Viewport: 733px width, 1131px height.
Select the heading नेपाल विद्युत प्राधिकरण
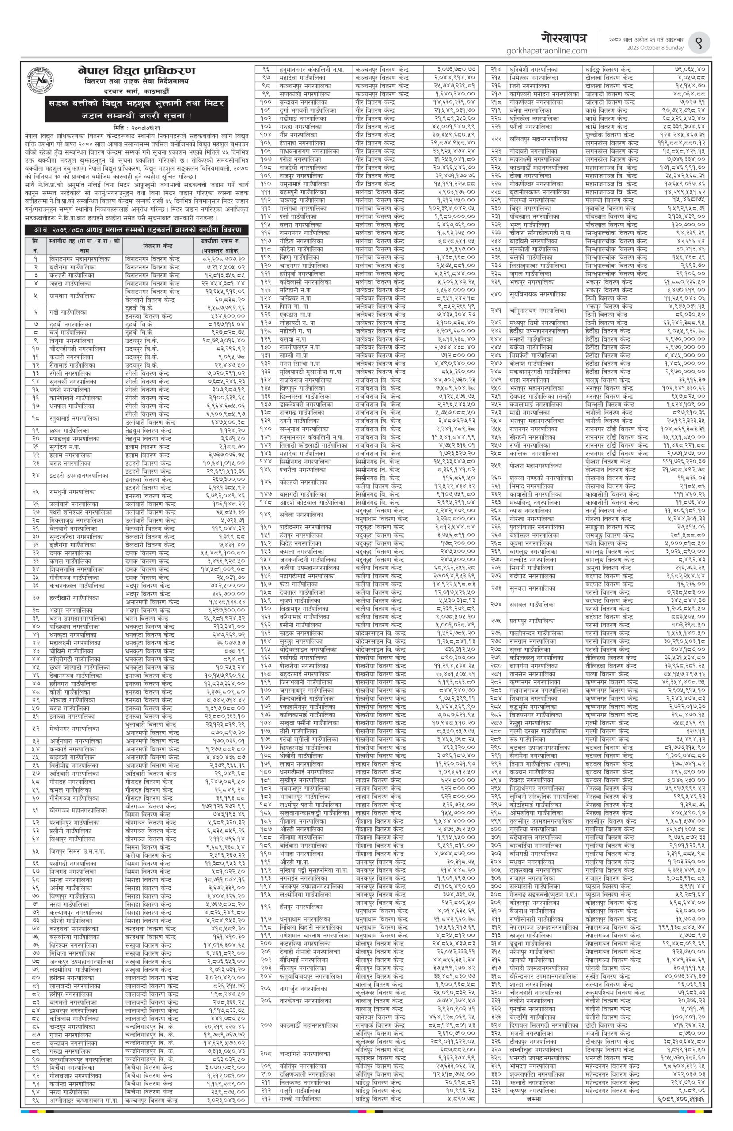click(x=137, y=71)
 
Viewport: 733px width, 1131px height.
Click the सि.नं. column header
click(x=35, y=245)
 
